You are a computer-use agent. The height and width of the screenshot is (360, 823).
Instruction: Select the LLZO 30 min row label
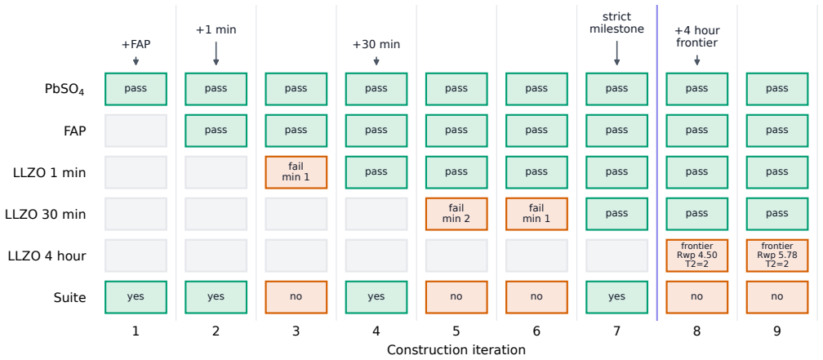pyautogui.click(x=46, y=214)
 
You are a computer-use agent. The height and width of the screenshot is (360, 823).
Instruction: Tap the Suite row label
pyautogui.click(x=70, y=297)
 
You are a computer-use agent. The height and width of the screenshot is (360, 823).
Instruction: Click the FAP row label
pyautogui.click(x=75, y=131)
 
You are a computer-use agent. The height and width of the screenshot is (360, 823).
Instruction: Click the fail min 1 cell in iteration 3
pyautogui.click(x=296, y=172)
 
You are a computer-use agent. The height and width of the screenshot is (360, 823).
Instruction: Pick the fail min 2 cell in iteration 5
pyautogui.click(x=456, y=214)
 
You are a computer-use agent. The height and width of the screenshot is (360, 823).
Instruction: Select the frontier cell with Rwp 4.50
pyautogui.click(x=696, y=256)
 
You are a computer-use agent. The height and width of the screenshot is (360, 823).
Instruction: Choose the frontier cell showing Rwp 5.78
pyautogui.click(x=776, y=256)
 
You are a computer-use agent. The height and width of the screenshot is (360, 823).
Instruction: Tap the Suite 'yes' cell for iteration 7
pyautogui.click(x=616, y=297)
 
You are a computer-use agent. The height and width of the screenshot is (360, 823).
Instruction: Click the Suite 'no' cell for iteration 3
pyautogui.click(x=296, y=297)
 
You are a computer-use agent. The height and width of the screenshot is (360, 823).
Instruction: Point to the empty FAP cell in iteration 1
pyautogui.click(x=136, y=131)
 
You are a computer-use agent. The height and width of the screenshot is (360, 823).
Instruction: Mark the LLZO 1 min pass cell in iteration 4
pyautogui.click(x=376, y=172)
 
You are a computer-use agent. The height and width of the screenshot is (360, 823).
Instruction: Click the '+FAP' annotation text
pyautogui.click(x=136, y=45)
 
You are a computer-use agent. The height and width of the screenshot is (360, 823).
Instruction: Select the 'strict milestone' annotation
pyautogui.click(x=616, y=23)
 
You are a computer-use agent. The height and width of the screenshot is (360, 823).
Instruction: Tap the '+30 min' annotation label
pyautogui.click(x=376, y=45)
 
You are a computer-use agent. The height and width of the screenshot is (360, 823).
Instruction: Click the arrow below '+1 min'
pyautogui.click(x=216, y=54)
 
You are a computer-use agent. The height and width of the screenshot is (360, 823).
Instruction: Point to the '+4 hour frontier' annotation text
pyautogui.click(x=696, y=37)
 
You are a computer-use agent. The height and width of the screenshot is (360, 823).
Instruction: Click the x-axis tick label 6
pyautogui.click(x=536, y=331)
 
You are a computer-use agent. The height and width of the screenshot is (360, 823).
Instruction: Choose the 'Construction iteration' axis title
pyautogui.click(x=456, y=349)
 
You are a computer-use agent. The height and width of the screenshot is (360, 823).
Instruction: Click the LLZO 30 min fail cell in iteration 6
pyautogui.click(x=536, y=214)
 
